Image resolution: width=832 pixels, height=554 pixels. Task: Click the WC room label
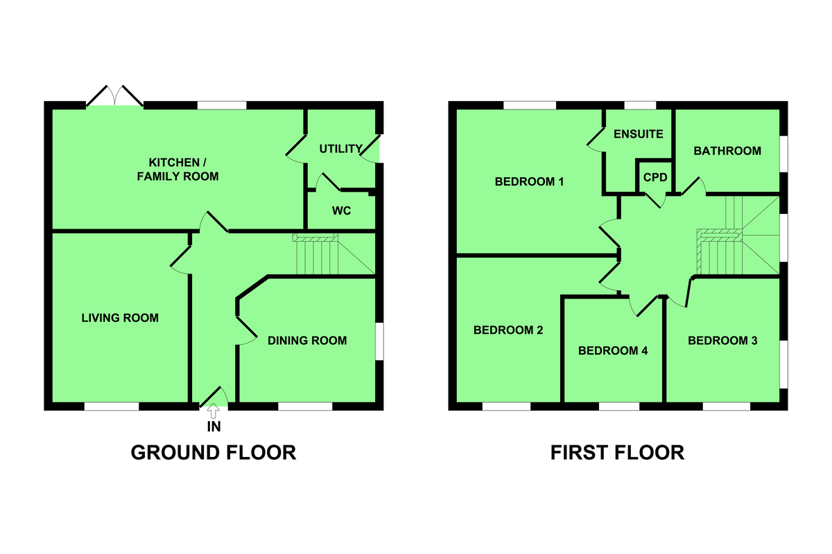[x=341, y=211]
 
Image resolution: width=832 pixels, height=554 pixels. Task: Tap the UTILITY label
[x=340, y=149]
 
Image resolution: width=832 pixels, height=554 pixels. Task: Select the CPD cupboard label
[x=655, y=177]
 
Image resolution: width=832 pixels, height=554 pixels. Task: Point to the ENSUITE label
[x=638, y=134]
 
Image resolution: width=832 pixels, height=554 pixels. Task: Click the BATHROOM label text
[x=727, y=151]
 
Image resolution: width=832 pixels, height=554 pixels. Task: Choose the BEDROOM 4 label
[x=613, y=350]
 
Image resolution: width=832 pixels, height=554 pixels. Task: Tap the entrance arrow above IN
[x=214, y=411]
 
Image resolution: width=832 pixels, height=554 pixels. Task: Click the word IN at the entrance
[x=214, y=427]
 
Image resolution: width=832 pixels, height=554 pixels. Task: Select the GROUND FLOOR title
[x=214, y=453]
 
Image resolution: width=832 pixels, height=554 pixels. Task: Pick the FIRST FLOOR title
[x=617, y=453]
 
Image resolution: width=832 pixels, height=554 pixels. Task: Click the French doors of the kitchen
[x=115, y=96]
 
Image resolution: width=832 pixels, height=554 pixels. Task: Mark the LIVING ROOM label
[x=120, y=318]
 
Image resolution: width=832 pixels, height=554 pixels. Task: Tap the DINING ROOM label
[x=307, y=341]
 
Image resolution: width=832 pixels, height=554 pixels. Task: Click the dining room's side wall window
[x=380, y=341]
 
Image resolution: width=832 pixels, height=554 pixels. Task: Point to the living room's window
[x=112, y=406]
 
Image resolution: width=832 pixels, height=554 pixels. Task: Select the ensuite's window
[x=640, y=105]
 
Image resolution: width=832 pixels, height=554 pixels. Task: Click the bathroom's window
[x=783, y=154]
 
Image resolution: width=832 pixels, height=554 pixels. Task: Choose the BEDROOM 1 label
[x=529, y=181]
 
